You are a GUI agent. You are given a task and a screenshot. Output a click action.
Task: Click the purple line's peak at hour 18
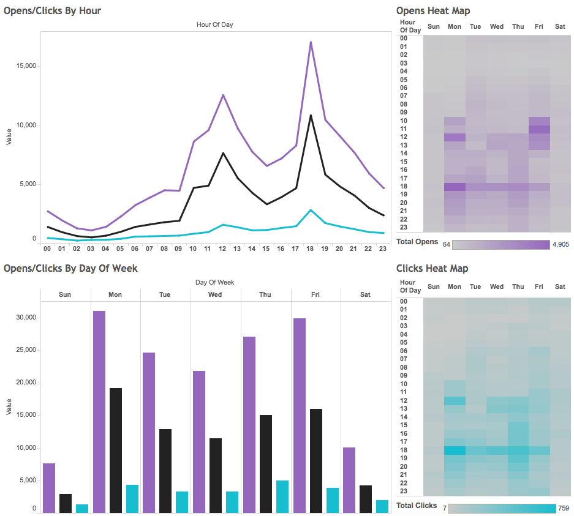[x=311, y=42]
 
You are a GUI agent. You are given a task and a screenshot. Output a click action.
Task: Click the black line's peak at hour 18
[x=311, y=115]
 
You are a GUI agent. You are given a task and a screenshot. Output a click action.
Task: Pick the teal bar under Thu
[x=282, y=496]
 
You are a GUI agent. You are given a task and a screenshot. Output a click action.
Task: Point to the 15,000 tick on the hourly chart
[x=25, y=66]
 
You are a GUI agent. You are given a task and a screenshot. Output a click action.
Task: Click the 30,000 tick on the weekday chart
[x=25, y=318]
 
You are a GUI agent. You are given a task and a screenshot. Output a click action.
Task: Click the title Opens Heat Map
[x=433, y=11]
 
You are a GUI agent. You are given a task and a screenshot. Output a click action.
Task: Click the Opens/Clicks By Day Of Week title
[x=70, y=269]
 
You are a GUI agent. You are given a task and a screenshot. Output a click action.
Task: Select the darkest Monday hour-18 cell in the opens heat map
[x=455, y=186]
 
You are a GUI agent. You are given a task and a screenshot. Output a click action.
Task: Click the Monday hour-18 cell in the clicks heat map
[x=455, y=450]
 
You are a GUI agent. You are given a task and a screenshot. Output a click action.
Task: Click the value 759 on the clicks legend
[x=564, y=508]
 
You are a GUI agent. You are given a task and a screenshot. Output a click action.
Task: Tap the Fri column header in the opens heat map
[x=538, y=27]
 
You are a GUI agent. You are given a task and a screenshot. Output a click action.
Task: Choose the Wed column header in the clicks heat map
[x=497, y=287]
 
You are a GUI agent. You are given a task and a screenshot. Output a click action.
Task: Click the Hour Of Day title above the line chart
[x=214, y=25]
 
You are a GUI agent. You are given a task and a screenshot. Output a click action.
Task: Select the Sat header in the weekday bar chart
[x=365, y=294]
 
